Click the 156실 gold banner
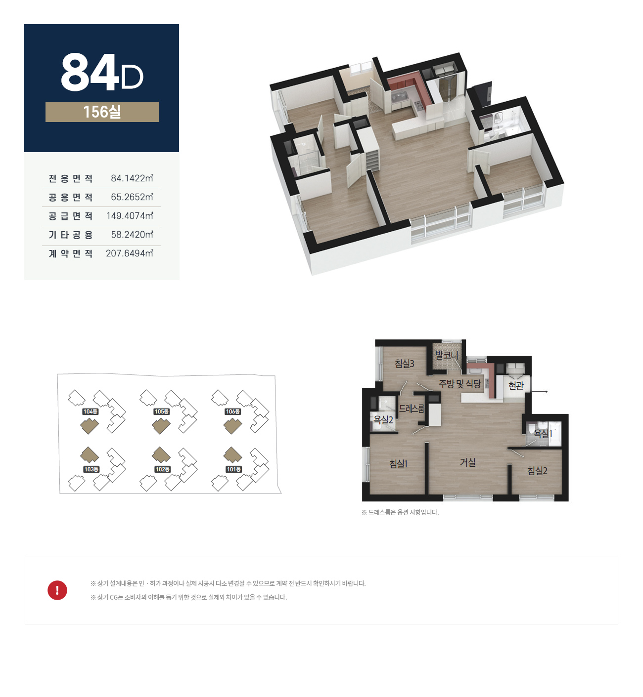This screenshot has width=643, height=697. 102,112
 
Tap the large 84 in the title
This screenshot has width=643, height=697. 90,73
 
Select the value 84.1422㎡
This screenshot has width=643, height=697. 132,178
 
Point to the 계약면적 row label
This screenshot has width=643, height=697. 71,253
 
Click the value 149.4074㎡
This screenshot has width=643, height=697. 130,216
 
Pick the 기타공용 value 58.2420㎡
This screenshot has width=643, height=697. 132,235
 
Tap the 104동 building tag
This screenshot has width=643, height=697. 91,412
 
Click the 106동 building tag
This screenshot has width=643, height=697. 233,412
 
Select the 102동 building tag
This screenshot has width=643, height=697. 163,469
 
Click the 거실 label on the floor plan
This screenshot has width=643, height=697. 467,462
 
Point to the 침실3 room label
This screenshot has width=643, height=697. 404,364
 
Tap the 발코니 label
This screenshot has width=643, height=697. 447,355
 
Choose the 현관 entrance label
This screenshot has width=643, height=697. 516,385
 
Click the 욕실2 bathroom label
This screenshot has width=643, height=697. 383,420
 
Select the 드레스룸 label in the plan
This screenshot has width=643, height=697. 412,409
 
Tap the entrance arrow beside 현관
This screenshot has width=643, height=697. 539,392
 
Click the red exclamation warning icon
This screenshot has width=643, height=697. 57,590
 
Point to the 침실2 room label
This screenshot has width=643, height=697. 537,471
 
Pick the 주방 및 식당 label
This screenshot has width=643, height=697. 459,384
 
